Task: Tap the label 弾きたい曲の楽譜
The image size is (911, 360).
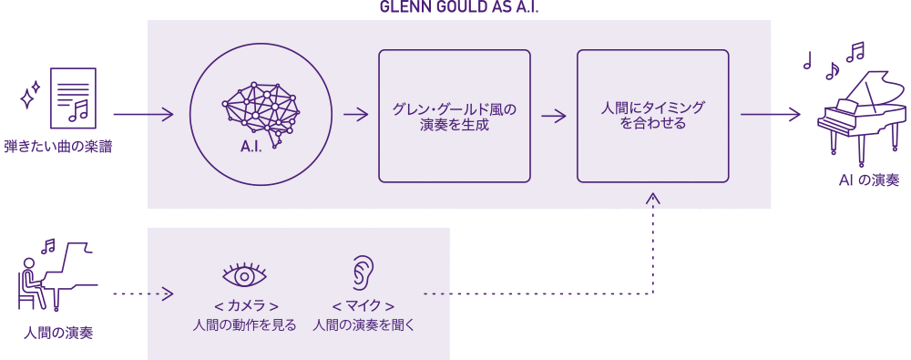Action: coord(57,146)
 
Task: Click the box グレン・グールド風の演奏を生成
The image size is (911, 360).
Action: coord(454,115)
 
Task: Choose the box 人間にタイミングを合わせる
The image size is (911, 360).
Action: coord(652,115)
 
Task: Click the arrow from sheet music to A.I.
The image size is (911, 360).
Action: coord(143,115)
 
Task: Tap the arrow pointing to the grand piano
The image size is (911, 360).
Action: coord(771,115)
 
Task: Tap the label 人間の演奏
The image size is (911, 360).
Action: coord(57,333)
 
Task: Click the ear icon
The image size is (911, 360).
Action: coord(363,272)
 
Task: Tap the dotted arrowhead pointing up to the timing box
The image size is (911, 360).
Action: coord(652,198)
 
